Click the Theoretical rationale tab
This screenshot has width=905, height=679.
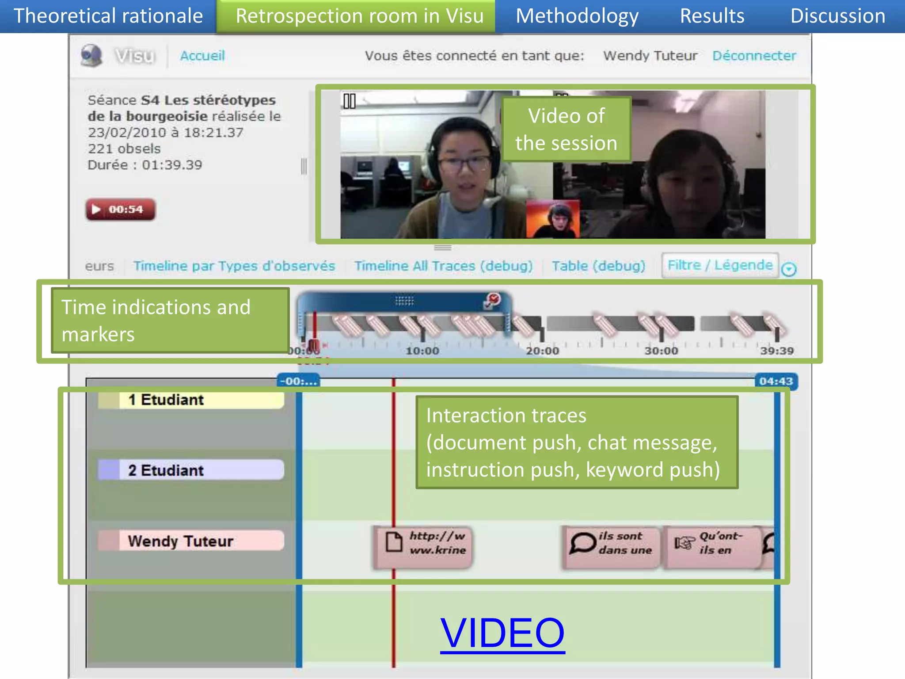pyautogui.click(x=108, y=16)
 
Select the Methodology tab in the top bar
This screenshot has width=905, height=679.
pyautogui.click(x=577, y=16)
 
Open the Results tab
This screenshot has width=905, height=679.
pyautogui.click(x=712, y=16)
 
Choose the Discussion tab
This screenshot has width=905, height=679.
pyautogui.click(x=837, y=16)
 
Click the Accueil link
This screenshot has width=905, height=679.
pyautogui.click(x=202, y=56)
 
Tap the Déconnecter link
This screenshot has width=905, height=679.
pyautogui.click(x=754, y=56)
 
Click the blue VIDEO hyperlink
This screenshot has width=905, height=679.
pyautogui.click(x=502, y=633)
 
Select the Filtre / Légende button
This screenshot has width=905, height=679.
pyautogui.click(x=720, y=265)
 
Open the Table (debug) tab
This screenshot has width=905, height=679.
pyautogui.click(x=598, y=266)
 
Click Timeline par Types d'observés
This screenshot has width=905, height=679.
pyautogui.click(x=234, y=266)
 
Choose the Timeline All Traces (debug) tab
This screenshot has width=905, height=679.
pyautogui.click(x=443, y=266)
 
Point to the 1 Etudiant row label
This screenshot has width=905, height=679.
pyautogui.click(x=191, y=400)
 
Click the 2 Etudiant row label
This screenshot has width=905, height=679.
pyautogui.click(x=191, y=470)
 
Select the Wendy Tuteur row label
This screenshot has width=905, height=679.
pyautogui.click(x=191, y=541)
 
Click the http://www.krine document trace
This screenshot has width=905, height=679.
pyautogui.click(x=423, y=546)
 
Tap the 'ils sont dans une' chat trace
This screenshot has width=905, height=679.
pyautogui.click(x=611, y=546)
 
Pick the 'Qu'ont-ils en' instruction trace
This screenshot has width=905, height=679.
pyautogui.click(x=712, y=546)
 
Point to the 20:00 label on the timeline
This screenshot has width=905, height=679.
pyautogui.click(x=542, y=351)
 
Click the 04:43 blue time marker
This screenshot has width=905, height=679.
pyautogui.click(x=776, y=381)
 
